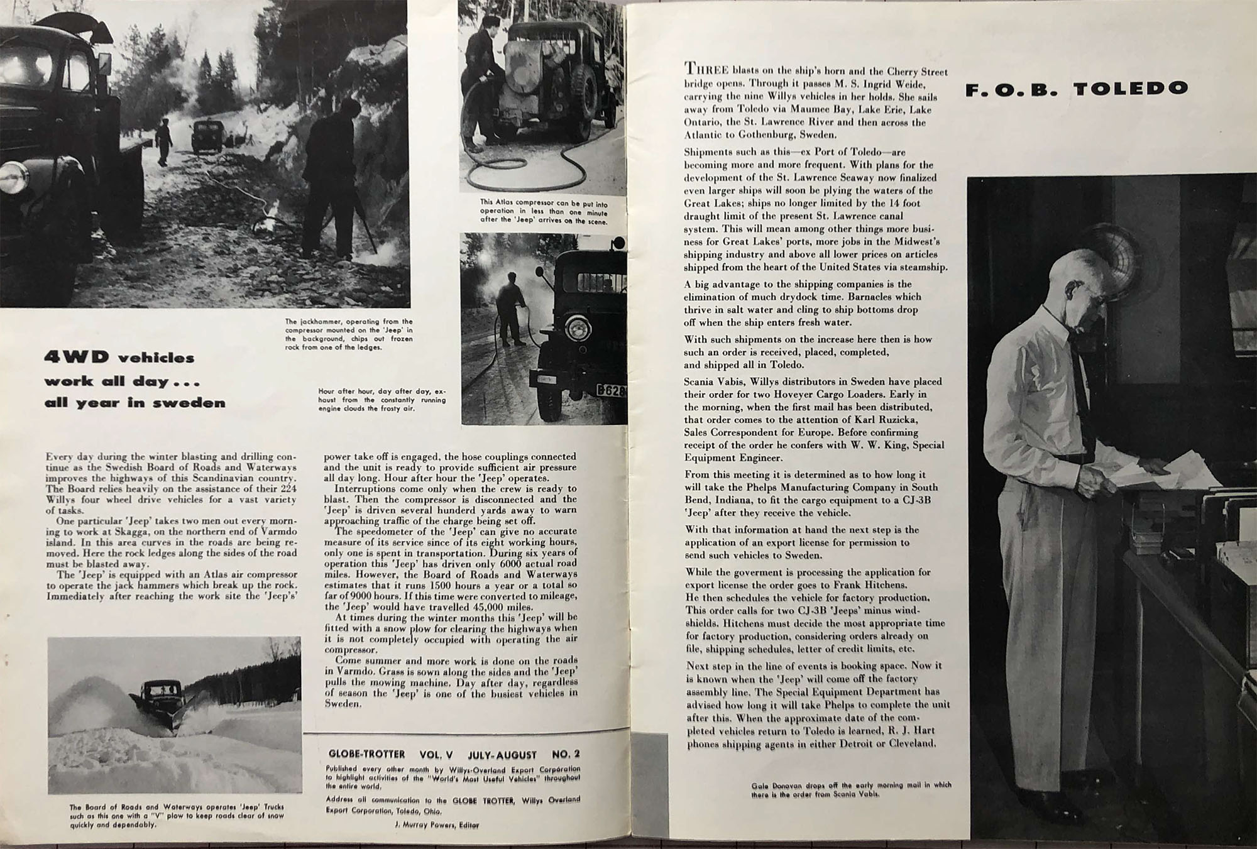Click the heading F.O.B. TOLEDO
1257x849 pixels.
click(x=1076, y=89)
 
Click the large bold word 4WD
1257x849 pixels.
click(x=75, y=358)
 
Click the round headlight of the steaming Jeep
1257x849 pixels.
click(x=576, y=327)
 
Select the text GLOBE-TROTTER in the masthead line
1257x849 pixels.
click(x=366, y=754)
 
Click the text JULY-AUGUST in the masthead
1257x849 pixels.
click(x=502, y=754)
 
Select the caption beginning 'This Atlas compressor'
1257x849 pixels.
click(x=543, y=212)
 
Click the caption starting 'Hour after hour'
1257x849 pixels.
click(x=381, y=399)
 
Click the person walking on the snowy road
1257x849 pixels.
click(x=163, y=141)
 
